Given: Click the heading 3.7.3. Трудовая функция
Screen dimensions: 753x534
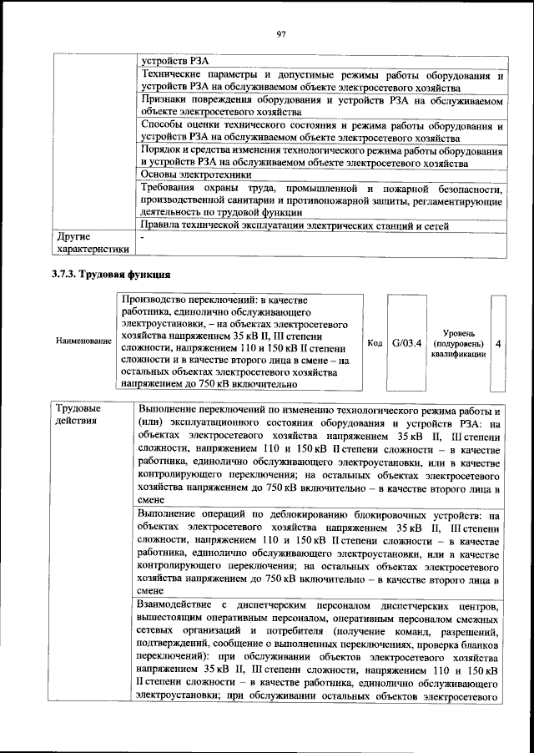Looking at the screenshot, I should pyautogui.click(x=111, y=274).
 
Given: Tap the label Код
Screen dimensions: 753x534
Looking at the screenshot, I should pyautogui.click(x=375, y=342).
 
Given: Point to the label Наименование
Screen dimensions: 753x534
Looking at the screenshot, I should pyautogui.click(x=83, y=341).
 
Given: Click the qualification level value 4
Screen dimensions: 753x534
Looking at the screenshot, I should pyautogui.click(x=498, y=342).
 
